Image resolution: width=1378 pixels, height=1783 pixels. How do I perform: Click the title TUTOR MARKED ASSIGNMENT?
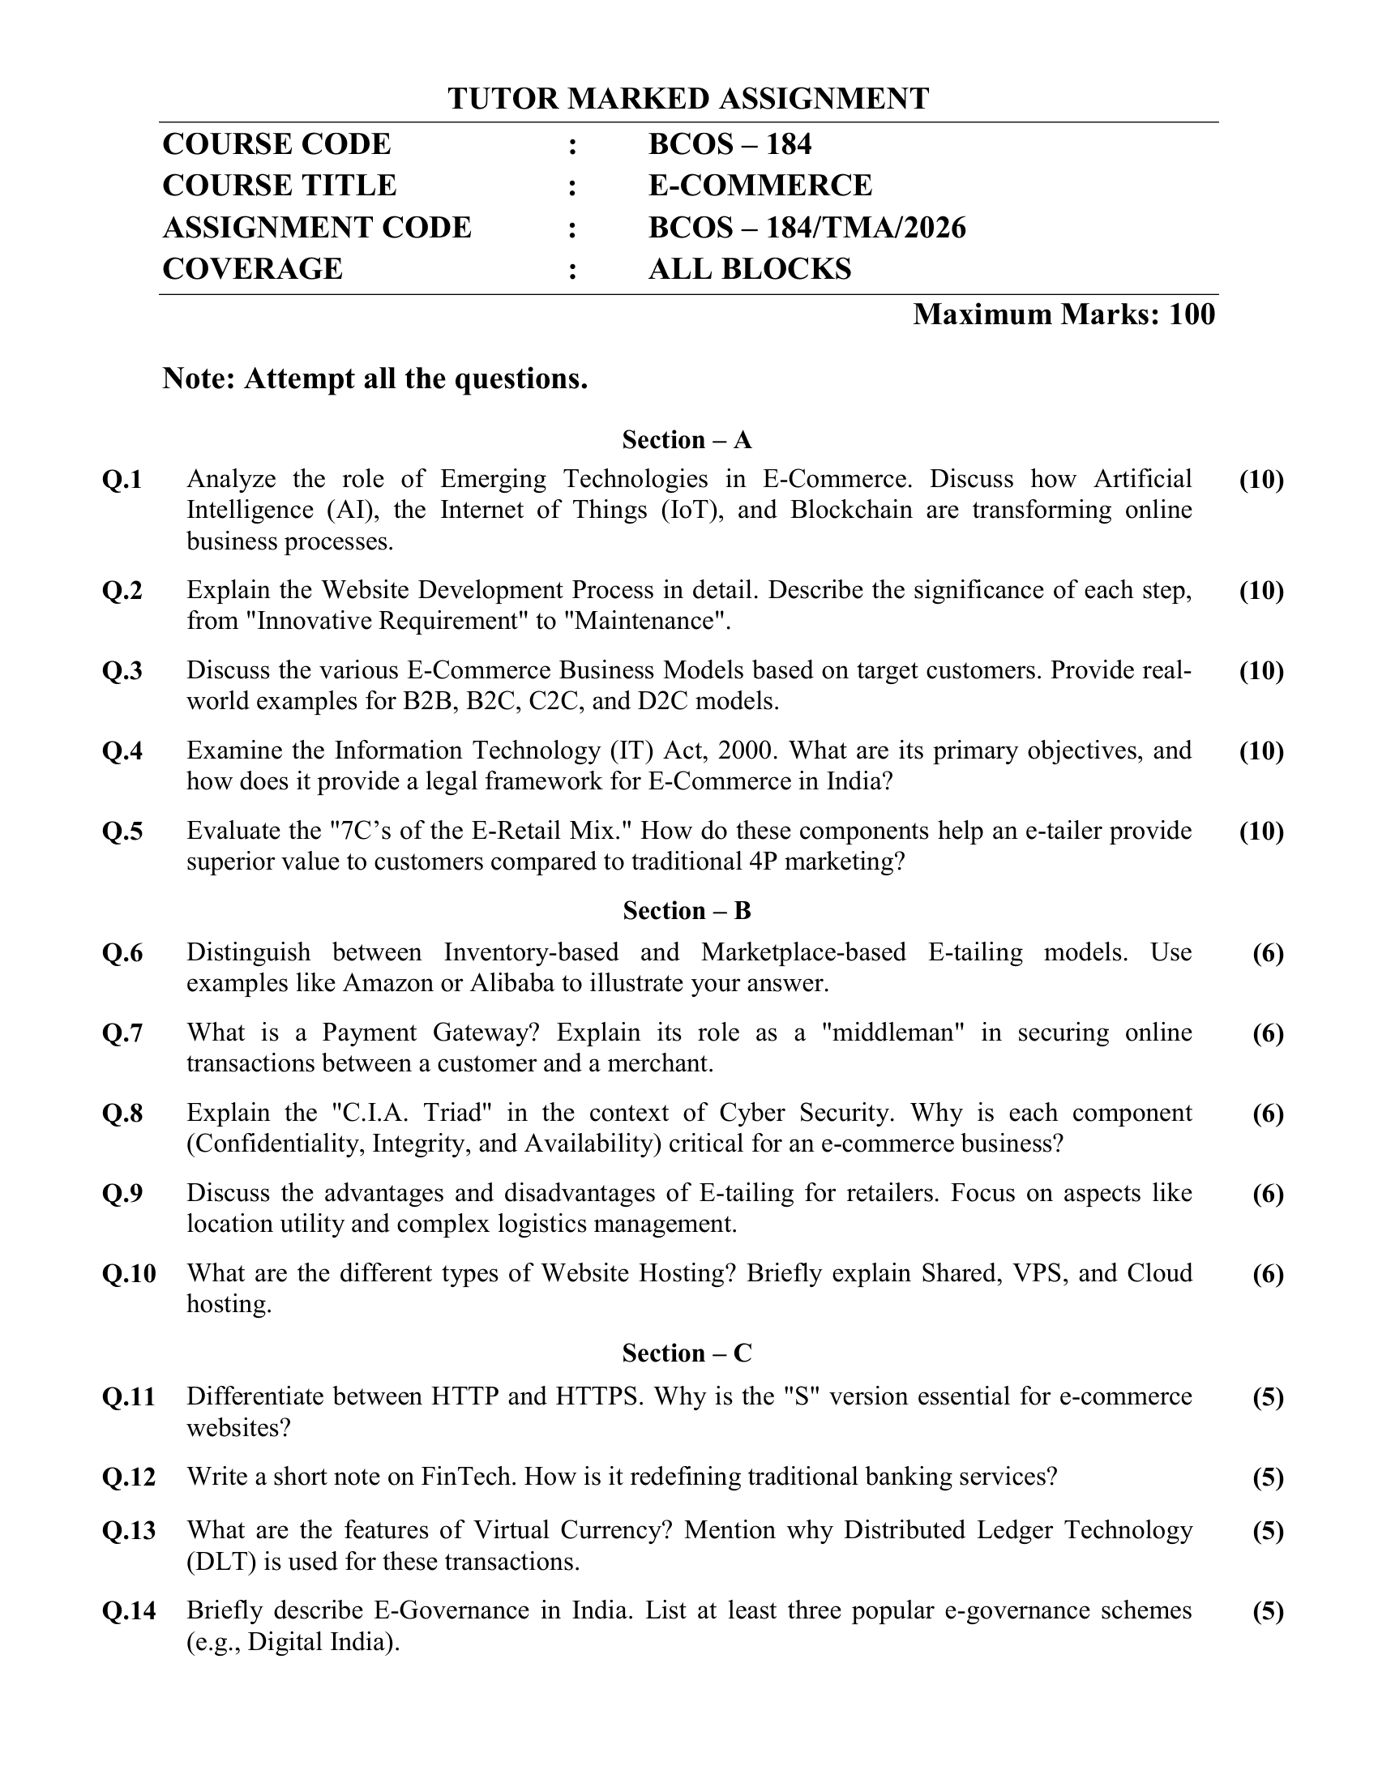pos(687,99)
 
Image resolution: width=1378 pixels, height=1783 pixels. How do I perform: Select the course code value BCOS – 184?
pos(729,143)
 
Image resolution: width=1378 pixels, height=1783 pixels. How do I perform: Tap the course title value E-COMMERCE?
pos(760,186)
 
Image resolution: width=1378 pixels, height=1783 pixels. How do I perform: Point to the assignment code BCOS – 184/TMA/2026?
pos(807,227)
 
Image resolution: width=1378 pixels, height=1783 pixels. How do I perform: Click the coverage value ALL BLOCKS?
pos(750,268)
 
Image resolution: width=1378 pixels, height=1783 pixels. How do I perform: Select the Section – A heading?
pos(687,440)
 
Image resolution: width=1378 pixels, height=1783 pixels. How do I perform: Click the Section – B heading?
pos(687,910)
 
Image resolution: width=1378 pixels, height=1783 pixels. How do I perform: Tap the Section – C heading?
pos(687,1353)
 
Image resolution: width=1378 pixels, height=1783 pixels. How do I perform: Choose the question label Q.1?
pos(122,479)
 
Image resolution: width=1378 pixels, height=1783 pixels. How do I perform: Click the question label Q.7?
pos(122,1033)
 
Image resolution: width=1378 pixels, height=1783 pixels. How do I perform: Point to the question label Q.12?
pos(129,1477)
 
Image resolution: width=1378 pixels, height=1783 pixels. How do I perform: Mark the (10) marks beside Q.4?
pos(1261,750)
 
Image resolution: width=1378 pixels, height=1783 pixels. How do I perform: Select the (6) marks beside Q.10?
pos(1268,1273)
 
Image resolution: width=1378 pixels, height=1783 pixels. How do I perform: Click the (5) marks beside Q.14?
pos(1268,1610)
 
